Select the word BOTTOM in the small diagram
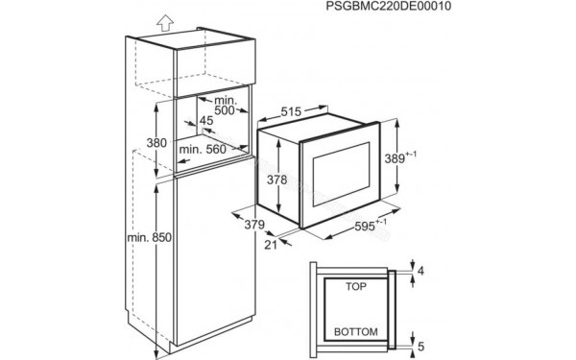pos(354,331)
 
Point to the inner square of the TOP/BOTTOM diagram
pos(354,308)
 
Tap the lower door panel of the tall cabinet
pos(206,259)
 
